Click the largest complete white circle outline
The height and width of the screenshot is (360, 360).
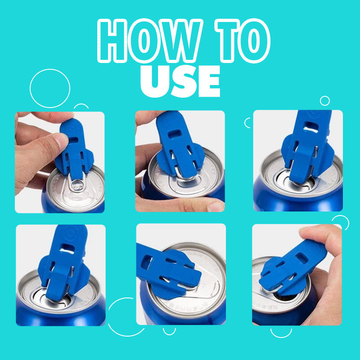click(x=50, y=88)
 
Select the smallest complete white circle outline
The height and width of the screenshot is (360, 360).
click(x=324, y=100)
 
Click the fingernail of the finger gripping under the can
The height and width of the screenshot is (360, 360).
click(x=215, y=207)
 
